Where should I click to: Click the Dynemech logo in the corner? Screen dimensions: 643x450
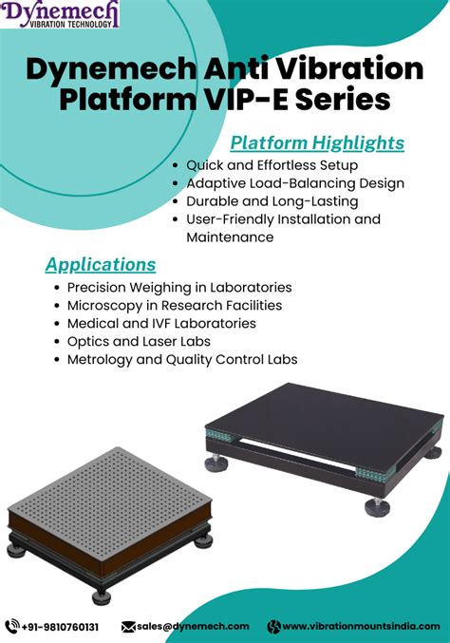point(62,13)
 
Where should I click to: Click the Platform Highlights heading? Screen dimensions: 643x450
point(318,143)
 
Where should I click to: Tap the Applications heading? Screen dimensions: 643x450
point(101,264)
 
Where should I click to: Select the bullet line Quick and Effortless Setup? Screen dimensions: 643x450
point(272,165)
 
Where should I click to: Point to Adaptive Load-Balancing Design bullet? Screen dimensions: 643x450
point(295,183)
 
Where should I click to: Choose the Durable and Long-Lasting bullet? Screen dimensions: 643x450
point(272,201)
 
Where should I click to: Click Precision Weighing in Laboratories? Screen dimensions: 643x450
point(179,287)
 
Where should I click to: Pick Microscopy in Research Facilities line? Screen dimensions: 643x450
point(175,305)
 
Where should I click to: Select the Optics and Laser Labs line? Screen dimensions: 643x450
point(139,341)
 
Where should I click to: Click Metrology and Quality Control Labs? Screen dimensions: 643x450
point(182,360)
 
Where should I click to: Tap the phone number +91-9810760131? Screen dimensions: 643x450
point(60,626)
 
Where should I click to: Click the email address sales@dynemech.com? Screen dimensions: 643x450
point(193,626)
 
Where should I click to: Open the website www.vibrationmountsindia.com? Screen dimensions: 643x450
point(363,626)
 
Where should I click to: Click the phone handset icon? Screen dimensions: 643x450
point(12,626)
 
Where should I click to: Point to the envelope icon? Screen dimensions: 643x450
point(128,626)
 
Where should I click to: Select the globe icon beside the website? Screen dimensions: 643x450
point(274,626)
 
